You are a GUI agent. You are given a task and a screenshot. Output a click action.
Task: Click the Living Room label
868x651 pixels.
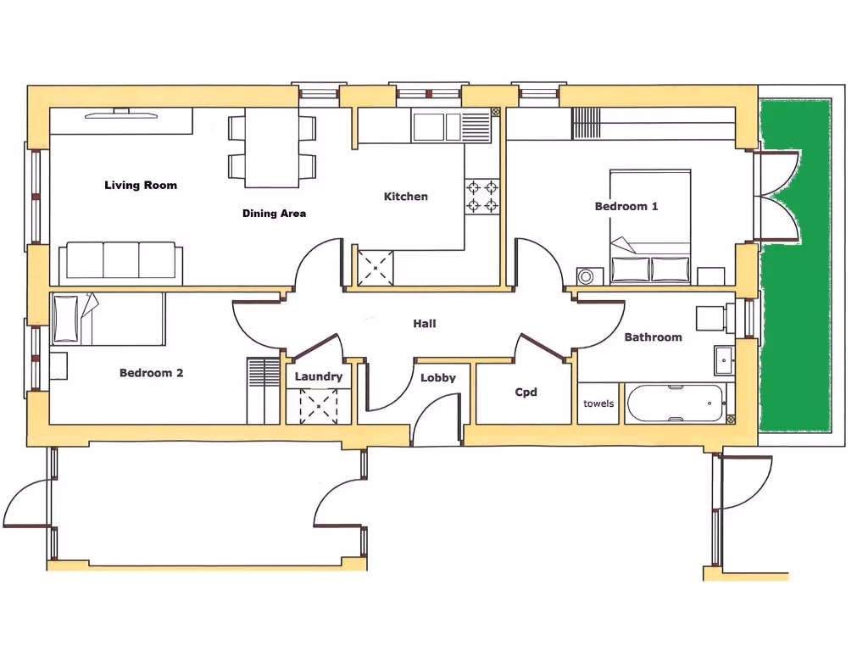pos(141,185)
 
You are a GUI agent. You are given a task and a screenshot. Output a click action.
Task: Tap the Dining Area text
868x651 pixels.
pos(274,214)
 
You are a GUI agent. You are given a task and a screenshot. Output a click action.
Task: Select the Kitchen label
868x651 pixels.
pos(406,197)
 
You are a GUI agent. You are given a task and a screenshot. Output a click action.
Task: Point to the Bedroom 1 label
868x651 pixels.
pos(626,206)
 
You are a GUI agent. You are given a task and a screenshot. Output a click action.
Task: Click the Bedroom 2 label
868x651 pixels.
pos(151,373)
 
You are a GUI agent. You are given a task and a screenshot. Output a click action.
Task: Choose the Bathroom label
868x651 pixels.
pos(653,337)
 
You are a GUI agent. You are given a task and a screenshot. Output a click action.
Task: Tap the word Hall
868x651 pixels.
pos(425,324)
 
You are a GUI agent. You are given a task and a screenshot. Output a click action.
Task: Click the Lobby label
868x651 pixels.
pos(438,378)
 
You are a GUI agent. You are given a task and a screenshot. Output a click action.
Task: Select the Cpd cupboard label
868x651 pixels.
pos(526,392)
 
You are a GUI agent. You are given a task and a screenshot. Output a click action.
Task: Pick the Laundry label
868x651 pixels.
pos(319,376)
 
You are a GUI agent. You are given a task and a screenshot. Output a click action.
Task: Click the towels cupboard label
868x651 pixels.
pos(598,403)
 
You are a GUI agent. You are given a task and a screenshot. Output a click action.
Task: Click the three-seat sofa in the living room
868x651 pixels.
pos(120,261)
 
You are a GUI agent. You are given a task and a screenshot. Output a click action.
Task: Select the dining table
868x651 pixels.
pos(272,148)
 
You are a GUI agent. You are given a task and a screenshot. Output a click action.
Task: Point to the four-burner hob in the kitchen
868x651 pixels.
pos(481,196)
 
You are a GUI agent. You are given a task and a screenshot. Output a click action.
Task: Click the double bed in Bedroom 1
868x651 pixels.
pos(650,225)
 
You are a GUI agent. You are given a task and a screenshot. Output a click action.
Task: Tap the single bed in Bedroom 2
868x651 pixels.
pos(108,319)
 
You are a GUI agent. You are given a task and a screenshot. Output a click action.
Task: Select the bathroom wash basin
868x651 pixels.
pos(724,359)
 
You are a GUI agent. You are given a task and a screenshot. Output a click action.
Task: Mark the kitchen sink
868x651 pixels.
pos(438,127)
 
